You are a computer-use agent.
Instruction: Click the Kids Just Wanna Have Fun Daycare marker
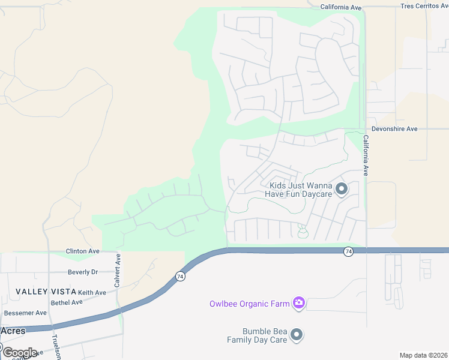click(342, 190)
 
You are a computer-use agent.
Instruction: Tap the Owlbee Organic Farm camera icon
click(298, 303)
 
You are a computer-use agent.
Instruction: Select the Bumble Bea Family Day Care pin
click(297, 335)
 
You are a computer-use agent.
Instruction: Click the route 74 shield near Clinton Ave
click(179, 277)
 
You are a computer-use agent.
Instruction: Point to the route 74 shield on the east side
click(348, 251)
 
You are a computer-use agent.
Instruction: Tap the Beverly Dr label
click(83, 272)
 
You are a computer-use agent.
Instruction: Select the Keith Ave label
click(92, 293)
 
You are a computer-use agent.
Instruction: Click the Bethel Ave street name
click(66, 302)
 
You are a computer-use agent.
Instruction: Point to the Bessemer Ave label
click(25, 313)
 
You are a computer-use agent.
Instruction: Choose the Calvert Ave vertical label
click(118, 268)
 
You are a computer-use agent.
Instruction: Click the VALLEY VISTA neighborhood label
click(46, 292)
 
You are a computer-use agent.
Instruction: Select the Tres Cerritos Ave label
click(424, 6)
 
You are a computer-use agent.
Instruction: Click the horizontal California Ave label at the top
click(341, 7)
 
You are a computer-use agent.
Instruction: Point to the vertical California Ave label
click(365, 155)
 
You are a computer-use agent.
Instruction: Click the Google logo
click(20, 352)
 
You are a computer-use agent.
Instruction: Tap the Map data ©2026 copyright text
click(423, 355)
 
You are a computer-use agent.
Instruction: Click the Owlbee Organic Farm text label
click(249, 304)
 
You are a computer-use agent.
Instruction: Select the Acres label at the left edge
click(13, 331)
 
